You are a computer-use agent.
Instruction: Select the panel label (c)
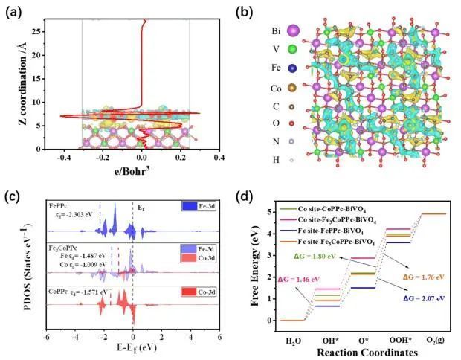(13, 196)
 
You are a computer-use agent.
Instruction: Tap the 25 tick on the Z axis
(36, 31)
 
